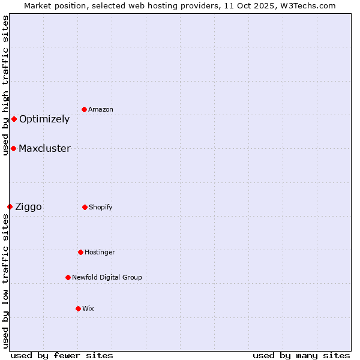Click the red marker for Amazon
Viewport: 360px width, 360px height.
pyautogui.click(x=84, y=109)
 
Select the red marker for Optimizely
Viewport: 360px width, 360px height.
pyautogui.click(x=14, y=119)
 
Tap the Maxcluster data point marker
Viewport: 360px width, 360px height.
pyautogui.click(x=13, y=148)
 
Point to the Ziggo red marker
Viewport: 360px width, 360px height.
pyautogui.click(x=10, y=206)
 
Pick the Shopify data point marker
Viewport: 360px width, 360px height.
pyautogui.click(x=85, y=207)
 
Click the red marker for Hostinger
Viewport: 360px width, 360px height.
pyautogui.click(x=80, y=252)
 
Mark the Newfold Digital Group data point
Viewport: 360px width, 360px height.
pyautogui.click(x=68, y=277)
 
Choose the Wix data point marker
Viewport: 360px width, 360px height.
pyautogui.click(x=78, y=308)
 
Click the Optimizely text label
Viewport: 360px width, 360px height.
pyautogui.click(x=44, y=119)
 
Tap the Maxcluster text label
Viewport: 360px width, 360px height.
pyautogui.click(x=44, y=148)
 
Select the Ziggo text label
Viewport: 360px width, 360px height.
pyautogui.click(x=28, y=206)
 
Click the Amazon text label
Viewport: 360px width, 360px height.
pyautogui.click(x=101, y=109)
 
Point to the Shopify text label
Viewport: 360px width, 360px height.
pyautogui.click(x=101, y=207)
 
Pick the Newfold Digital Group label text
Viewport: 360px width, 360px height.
pyautogui.click(x=107, y=277)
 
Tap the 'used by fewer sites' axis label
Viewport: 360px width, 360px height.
pyautogui.click(x=62, y=355)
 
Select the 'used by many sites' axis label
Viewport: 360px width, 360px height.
pyautogui.click(x=301, y=355)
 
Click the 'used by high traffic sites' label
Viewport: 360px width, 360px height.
pyautogui.click(x=5, y=85)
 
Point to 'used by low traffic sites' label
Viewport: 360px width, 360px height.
pyautogui.click(x=5, y=281)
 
